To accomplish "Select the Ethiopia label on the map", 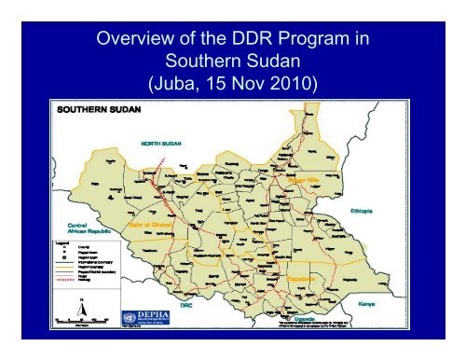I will coord(363,213).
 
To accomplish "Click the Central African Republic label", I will coord(74,228).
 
